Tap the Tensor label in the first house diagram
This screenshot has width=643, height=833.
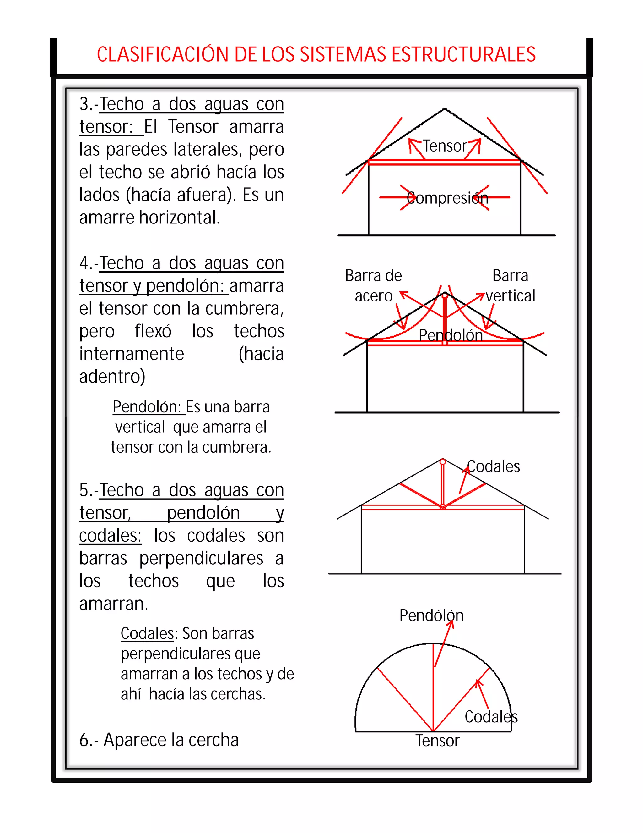point(445,146)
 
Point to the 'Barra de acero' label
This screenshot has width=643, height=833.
point(373,285)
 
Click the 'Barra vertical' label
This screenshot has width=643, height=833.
point(510,285)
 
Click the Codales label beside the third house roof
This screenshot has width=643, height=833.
point(494,466)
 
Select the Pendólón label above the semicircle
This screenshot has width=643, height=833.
point(431,615)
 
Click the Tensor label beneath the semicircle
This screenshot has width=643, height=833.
point(437,740)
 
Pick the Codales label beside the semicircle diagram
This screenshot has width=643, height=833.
point(491,717)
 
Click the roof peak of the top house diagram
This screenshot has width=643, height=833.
point(445,109)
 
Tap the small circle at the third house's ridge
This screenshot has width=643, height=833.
point(443,462)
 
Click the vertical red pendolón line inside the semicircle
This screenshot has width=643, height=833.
point(433,687)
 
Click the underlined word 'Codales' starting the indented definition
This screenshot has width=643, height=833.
point(147,633)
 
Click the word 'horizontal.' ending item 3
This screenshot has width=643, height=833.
point(179,218)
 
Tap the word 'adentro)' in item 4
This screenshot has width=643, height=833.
point(112,377)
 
